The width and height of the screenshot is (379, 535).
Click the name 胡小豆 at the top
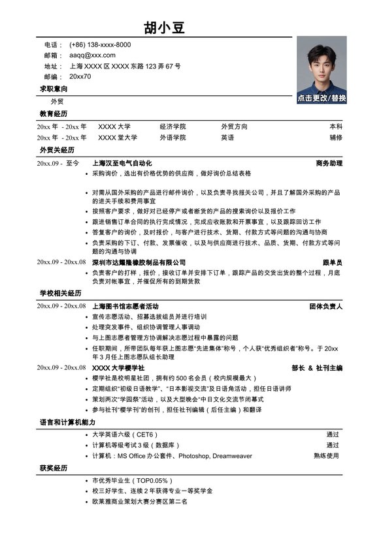(165, 27)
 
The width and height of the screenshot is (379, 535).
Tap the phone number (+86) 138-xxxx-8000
(100, 45)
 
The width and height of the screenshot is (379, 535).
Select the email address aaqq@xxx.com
(92, 55)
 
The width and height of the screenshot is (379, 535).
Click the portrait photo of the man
(321, 65)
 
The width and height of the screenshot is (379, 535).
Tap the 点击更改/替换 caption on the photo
(321, 98)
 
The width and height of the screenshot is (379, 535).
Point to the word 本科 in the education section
(335, 127)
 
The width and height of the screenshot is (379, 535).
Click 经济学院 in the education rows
(173, 127)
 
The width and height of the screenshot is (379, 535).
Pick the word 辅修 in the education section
(335, 138)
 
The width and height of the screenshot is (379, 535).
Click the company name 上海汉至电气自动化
(122, 163)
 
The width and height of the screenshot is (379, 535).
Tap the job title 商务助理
(329, 163)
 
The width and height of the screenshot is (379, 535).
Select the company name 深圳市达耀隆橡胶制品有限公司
(139, 262)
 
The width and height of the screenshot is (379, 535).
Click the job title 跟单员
(332, 262)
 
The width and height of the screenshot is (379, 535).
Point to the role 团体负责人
(325, 306)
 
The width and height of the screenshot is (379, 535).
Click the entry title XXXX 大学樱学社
(118, 369)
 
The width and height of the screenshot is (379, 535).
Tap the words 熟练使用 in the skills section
(326, 456)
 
